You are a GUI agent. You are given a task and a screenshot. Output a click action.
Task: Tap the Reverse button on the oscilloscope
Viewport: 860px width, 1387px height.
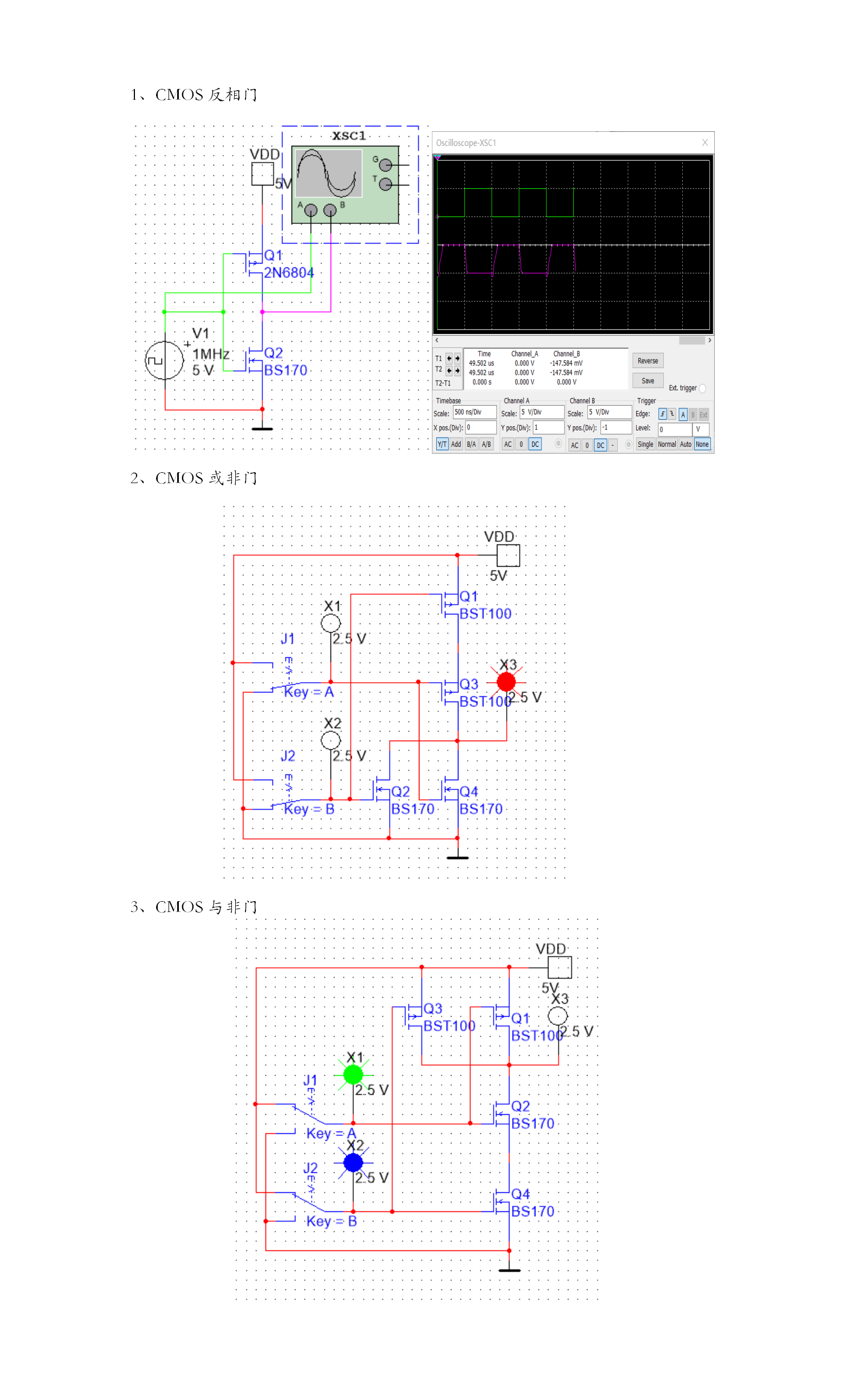pos(647,361)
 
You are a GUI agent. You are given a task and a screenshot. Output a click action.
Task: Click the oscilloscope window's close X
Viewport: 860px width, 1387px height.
pos(704,142)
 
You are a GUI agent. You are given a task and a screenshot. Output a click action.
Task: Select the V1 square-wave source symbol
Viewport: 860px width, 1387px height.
pos(164,359)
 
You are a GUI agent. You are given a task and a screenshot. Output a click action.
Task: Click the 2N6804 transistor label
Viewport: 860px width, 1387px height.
pos(288,273)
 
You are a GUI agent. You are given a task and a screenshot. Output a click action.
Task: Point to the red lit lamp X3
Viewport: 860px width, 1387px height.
pos(506,681)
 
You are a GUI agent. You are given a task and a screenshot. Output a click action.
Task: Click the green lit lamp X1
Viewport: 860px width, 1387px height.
pos(353,1075)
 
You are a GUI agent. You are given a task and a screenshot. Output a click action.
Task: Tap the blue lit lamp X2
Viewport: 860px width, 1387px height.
pos(353,1162)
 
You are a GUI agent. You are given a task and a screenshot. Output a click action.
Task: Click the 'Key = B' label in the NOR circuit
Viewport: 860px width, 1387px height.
pos(309,809)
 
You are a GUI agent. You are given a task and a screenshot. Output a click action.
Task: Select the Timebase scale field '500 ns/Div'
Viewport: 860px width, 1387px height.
pos(474,412)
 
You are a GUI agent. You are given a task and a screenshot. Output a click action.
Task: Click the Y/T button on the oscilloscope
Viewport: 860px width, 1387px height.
pos(442,445)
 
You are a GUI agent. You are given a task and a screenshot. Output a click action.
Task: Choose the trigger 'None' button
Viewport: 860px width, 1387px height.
pos(702,445)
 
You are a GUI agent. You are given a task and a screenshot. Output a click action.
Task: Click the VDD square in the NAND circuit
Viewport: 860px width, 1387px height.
pos(560,967)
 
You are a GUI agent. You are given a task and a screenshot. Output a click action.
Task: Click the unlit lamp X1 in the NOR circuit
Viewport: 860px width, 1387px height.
pos(331,623)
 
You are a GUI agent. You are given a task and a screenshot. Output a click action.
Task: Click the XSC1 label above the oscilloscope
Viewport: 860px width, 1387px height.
pos(348,136)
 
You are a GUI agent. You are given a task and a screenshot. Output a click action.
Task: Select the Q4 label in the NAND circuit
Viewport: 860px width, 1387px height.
pos(520,1194)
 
